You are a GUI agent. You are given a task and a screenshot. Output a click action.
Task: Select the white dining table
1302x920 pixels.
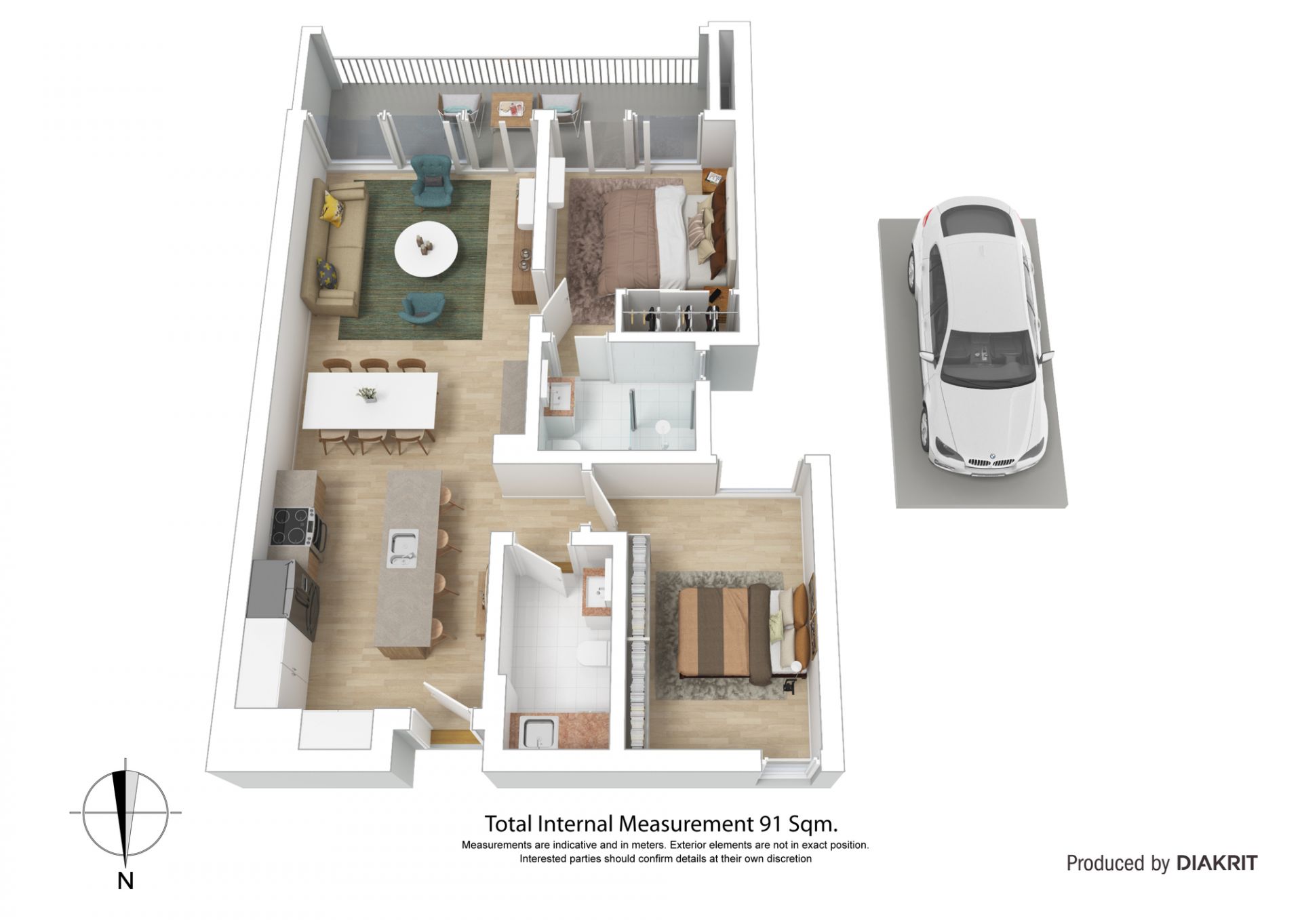click(x=370, y=400)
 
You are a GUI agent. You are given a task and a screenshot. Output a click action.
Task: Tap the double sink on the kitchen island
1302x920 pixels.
click(x=402, y=549)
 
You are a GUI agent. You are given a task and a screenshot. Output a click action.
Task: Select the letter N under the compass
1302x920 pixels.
click(x=125, y=881)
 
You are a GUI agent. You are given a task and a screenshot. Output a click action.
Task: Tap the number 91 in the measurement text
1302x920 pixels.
click(x=768, y=824)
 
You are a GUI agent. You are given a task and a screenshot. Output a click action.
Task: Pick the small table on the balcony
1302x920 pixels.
click(x=510, y=109)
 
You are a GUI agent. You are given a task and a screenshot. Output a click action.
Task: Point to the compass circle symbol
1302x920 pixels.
click(x=125, y=812)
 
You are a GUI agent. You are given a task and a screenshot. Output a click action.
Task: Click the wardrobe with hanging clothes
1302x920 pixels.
click(x=678, y=313)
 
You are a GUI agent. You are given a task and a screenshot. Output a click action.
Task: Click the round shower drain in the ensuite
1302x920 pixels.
click(x=663, y=428)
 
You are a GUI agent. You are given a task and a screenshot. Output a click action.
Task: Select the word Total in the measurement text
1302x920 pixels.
click(x=508, y=824)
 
